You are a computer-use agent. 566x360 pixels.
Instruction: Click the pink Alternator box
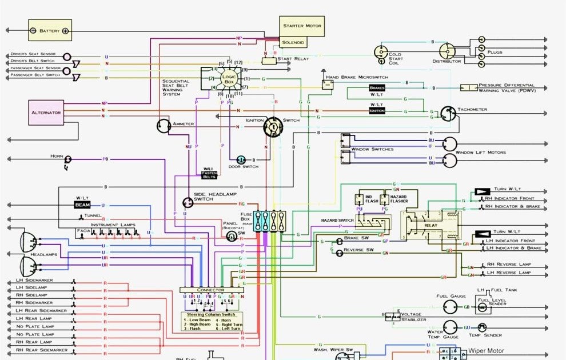tap(46, 113)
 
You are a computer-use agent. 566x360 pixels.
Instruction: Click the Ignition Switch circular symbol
tap(273, 129)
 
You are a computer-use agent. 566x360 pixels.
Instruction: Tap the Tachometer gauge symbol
tap(448, 113)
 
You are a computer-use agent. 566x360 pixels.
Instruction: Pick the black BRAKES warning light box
tap(377, 88)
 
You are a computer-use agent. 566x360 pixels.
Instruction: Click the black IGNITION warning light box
tap(377, 111)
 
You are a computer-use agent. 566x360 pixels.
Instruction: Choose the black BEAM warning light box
tap(82, 205)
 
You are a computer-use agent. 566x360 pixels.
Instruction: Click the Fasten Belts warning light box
tap(210, 173)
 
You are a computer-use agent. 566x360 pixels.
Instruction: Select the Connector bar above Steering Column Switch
tap(211, 290)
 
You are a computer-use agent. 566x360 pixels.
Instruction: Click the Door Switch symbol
tap(242, 159)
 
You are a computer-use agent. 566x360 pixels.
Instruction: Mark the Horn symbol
tap(69, 159)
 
